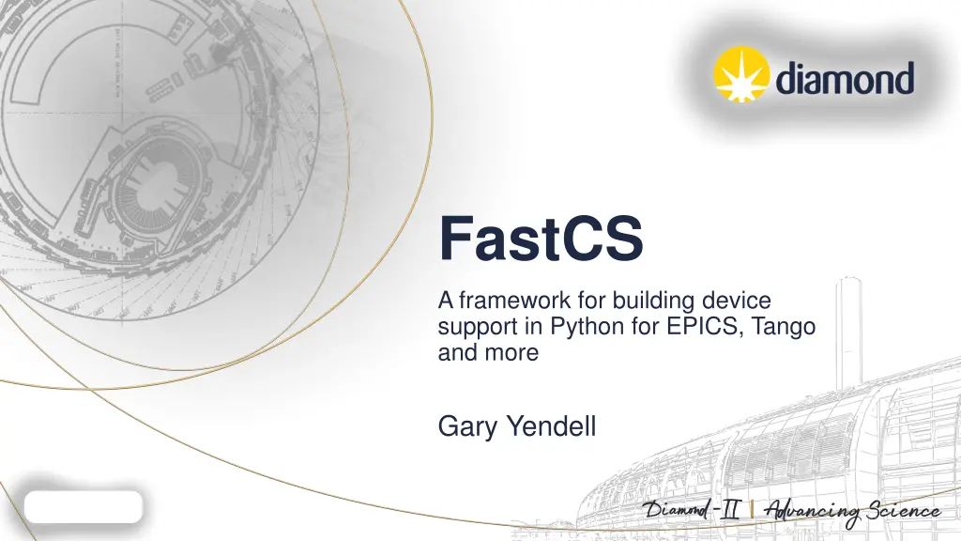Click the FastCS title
tap(541, 240)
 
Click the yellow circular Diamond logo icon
tap(741, 73)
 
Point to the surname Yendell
tap(551, 427)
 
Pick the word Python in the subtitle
tap(583, 328)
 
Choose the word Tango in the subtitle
tap(783, 328)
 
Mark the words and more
tap(488, 354)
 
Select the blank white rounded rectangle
tap(84, 506)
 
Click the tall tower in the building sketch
tap(848, 329)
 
